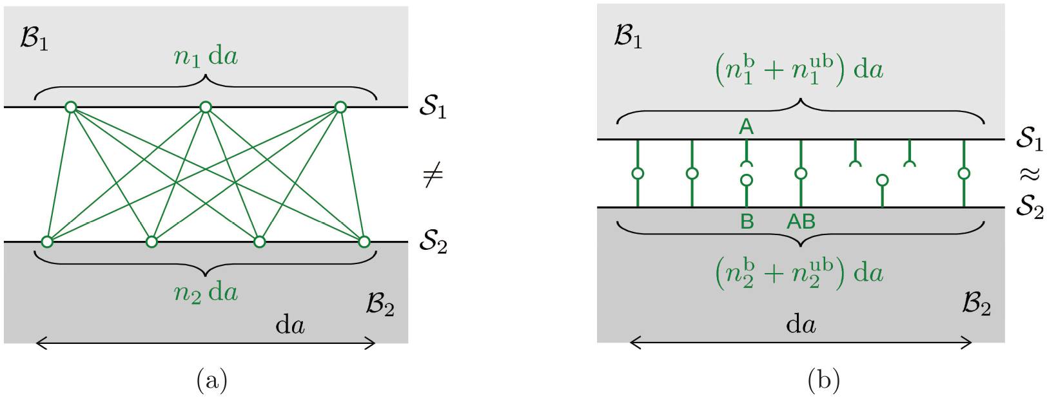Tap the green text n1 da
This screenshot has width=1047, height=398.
pyautogui.click(x=206, y=57)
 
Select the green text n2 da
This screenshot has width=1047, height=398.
pyautogui.click(x=206, y=293)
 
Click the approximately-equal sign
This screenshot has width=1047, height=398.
pyautogui.click(x=1029, y=175)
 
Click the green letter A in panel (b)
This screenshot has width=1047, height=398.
pyautogui.click(x=747, y=127)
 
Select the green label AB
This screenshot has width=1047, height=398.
pyautogui.click(x=801, y=222)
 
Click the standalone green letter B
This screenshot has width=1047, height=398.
pyautogui.click(x=747, y=222)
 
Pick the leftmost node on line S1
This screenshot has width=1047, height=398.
pyautogui.click(x=70, y=108)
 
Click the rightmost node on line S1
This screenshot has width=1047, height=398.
pyautogui.click(x=341, y=108)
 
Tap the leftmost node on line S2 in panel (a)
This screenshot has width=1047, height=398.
pyautogui.click(x=47, y=242)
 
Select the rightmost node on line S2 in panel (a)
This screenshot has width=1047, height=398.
pyautogui.click(x=364, y=242)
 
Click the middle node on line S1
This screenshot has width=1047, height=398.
pyautogui.click(x=206, y=108)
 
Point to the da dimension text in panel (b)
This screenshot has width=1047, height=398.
pyautogui.click(x=801, y=324)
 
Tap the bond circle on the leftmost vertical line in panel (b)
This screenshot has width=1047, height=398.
pyautogui.click(x=638, y=174)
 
